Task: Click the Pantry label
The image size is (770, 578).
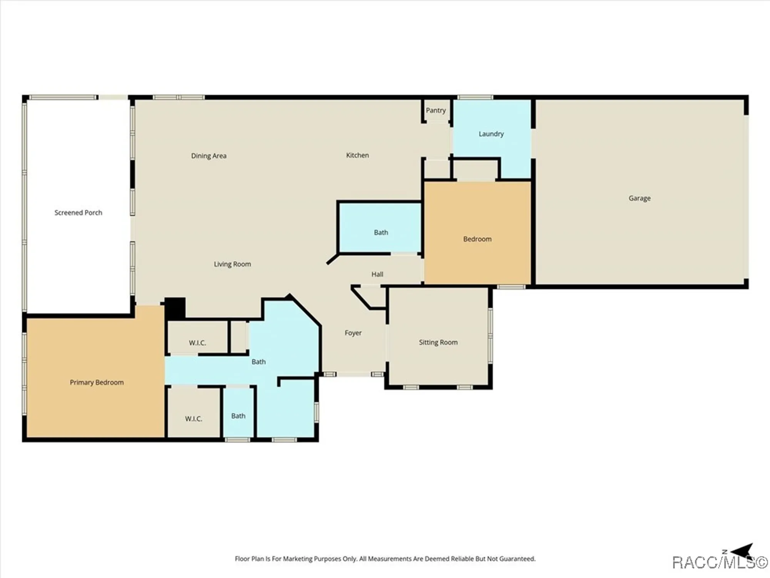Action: tap(435, 110)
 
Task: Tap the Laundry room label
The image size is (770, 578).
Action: tap(491, 134)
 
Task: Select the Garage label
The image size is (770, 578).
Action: tap(639, 198)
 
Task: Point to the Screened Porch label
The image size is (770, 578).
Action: tap(78, 212)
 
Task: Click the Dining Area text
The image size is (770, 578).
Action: tap(209, 156)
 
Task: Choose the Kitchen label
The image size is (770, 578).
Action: tap(357, 155)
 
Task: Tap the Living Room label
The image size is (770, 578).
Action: tap(232, 264)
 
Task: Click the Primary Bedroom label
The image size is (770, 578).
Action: tap(97, 382)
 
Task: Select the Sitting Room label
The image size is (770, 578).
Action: tap(438, 342)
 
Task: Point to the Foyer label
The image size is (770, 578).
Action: tap(353, 333)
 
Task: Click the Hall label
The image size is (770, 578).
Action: tap(377, 274)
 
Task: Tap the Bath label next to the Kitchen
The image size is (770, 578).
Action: tap(381, 232)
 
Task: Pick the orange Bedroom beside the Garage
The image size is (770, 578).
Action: tap(477, 239)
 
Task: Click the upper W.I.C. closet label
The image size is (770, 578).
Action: tap(197, 343)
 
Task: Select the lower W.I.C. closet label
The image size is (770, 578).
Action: tap(193, 418)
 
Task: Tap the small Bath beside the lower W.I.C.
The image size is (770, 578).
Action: tap(238, 416)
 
